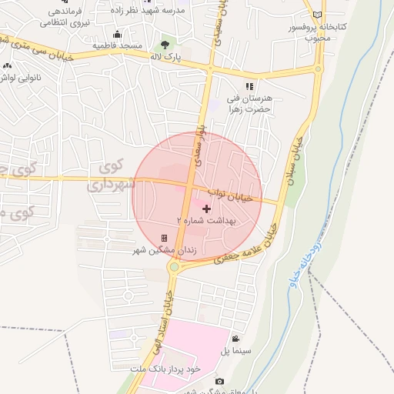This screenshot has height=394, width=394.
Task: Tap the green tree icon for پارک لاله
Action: click(x=164, y=46)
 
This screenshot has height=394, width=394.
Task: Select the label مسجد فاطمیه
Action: click(x=118, y=46)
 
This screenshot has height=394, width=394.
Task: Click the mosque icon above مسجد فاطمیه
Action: click(x=117, y=35)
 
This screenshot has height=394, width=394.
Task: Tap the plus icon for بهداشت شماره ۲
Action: click(x=206, y=209)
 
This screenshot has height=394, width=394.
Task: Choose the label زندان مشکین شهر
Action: click(x=165, y=251)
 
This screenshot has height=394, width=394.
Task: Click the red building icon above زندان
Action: click(x=164, y=239)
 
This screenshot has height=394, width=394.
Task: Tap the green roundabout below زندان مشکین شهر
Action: click(x=175, y=267)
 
